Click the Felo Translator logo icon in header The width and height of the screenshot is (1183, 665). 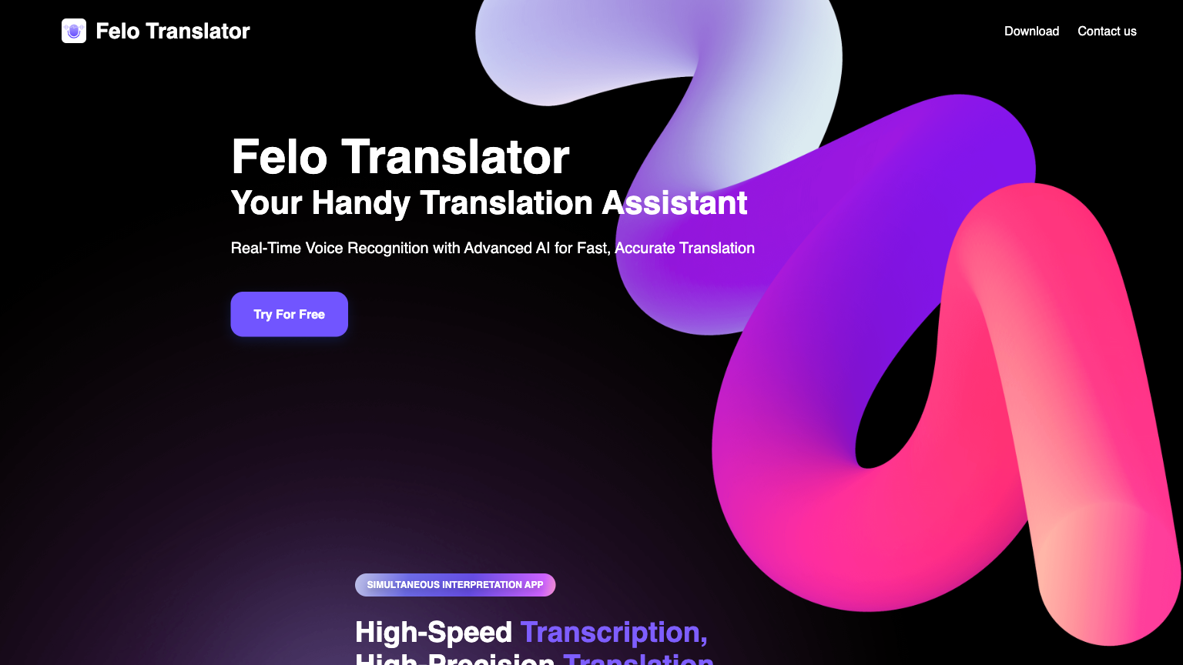pyautogui.click(x=74, y=31)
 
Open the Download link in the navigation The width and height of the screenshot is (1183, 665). pyautogui.click(x=1031, y=31)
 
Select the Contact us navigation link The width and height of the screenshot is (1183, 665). pyautogui.click(x=1107, y=31)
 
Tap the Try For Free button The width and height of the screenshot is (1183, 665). pyautogui.click(x=289, y=314)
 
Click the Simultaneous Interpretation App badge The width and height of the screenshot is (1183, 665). pyautogui.click(x=454, y=585)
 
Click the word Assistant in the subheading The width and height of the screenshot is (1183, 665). pyautogui.click(x=674, y=203)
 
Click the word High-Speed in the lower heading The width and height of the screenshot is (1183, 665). pyautogui.click(x=433, y=633)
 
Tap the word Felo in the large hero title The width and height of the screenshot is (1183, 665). pyautogui.click(x=280, y=157)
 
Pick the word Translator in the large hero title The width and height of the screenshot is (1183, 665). pyautogui.click(x=455, y=157)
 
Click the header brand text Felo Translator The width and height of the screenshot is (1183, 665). pyautogui.click(x=173, y=31)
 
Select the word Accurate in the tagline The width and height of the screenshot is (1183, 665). pyautogui.click(x=645, y=249)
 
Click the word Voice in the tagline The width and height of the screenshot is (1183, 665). pyautogui.click(x=324, y=249)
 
